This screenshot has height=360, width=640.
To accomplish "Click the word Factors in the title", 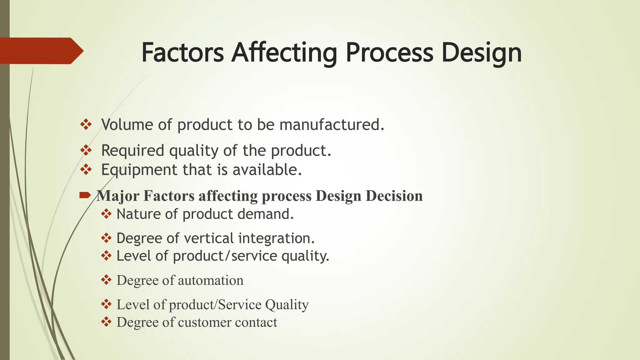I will click(182, 52).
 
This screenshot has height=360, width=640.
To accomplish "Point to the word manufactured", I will click(332, 125).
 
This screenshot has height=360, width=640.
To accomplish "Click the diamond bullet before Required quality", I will click(86, 150).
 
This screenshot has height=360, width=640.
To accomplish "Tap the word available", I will click(267, 170).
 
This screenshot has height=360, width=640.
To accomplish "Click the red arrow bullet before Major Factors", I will click(85, 196).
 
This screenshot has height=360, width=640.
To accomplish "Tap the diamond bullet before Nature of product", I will click(106, 214).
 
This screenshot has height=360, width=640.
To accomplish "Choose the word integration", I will click(276, 238).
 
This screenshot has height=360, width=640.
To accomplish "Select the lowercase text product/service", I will click(225, 256).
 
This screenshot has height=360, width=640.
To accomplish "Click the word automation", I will click(211, 280).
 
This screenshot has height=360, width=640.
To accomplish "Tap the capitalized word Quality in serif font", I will click(287, 305).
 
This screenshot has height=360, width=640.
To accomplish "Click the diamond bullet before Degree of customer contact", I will click(106, 322).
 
